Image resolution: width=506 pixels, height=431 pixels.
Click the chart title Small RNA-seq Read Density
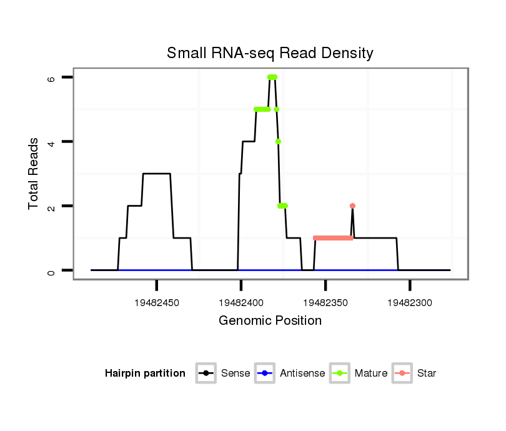click(x=270, y=53)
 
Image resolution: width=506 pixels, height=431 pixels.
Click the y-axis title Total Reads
click(x=34, y=174)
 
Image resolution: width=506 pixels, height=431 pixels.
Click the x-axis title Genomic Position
click(x=270, y=321)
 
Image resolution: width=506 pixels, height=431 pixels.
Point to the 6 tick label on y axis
click(x=52, y=77)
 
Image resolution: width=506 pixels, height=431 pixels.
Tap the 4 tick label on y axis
click(x=52, y=142)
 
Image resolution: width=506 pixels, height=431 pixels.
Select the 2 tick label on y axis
click(x=52, y=206)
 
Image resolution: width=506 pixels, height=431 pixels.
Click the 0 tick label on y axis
click(x=52, y=270)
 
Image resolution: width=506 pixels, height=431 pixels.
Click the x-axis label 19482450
click(x=157, y=303)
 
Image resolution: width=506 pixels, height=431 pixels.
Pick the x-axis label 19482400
click(x=241, y=303)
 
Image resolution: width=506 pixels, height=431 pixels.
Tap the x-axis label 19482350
click(x=325, y=303)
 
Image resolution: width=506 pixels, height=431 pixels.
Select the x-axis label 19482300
click(x=410, y=303)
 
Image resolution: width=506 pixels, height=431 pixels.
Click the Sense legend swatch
click(x=206, y=374)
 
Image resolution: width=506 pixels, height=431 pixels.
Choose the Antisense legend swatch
click(x=265, y=374)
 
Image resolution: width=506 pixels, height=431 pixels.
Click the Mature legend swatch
click(x=339, y=374)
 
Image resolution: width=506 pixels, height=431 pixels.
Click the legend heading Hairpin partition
click(x=145, y=374)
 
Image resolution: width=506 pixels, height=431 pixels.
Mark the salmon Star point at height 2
click(x=352, y=206)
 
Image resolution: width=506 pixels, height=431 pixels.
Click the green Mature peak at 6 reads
click(x=272, y=77)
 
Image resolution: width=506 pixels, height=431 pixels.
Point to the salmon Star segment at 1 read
click(x=333, y=238)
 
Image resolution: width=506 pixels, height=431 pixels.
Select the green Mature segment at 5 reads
click(x=262, y=109)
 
